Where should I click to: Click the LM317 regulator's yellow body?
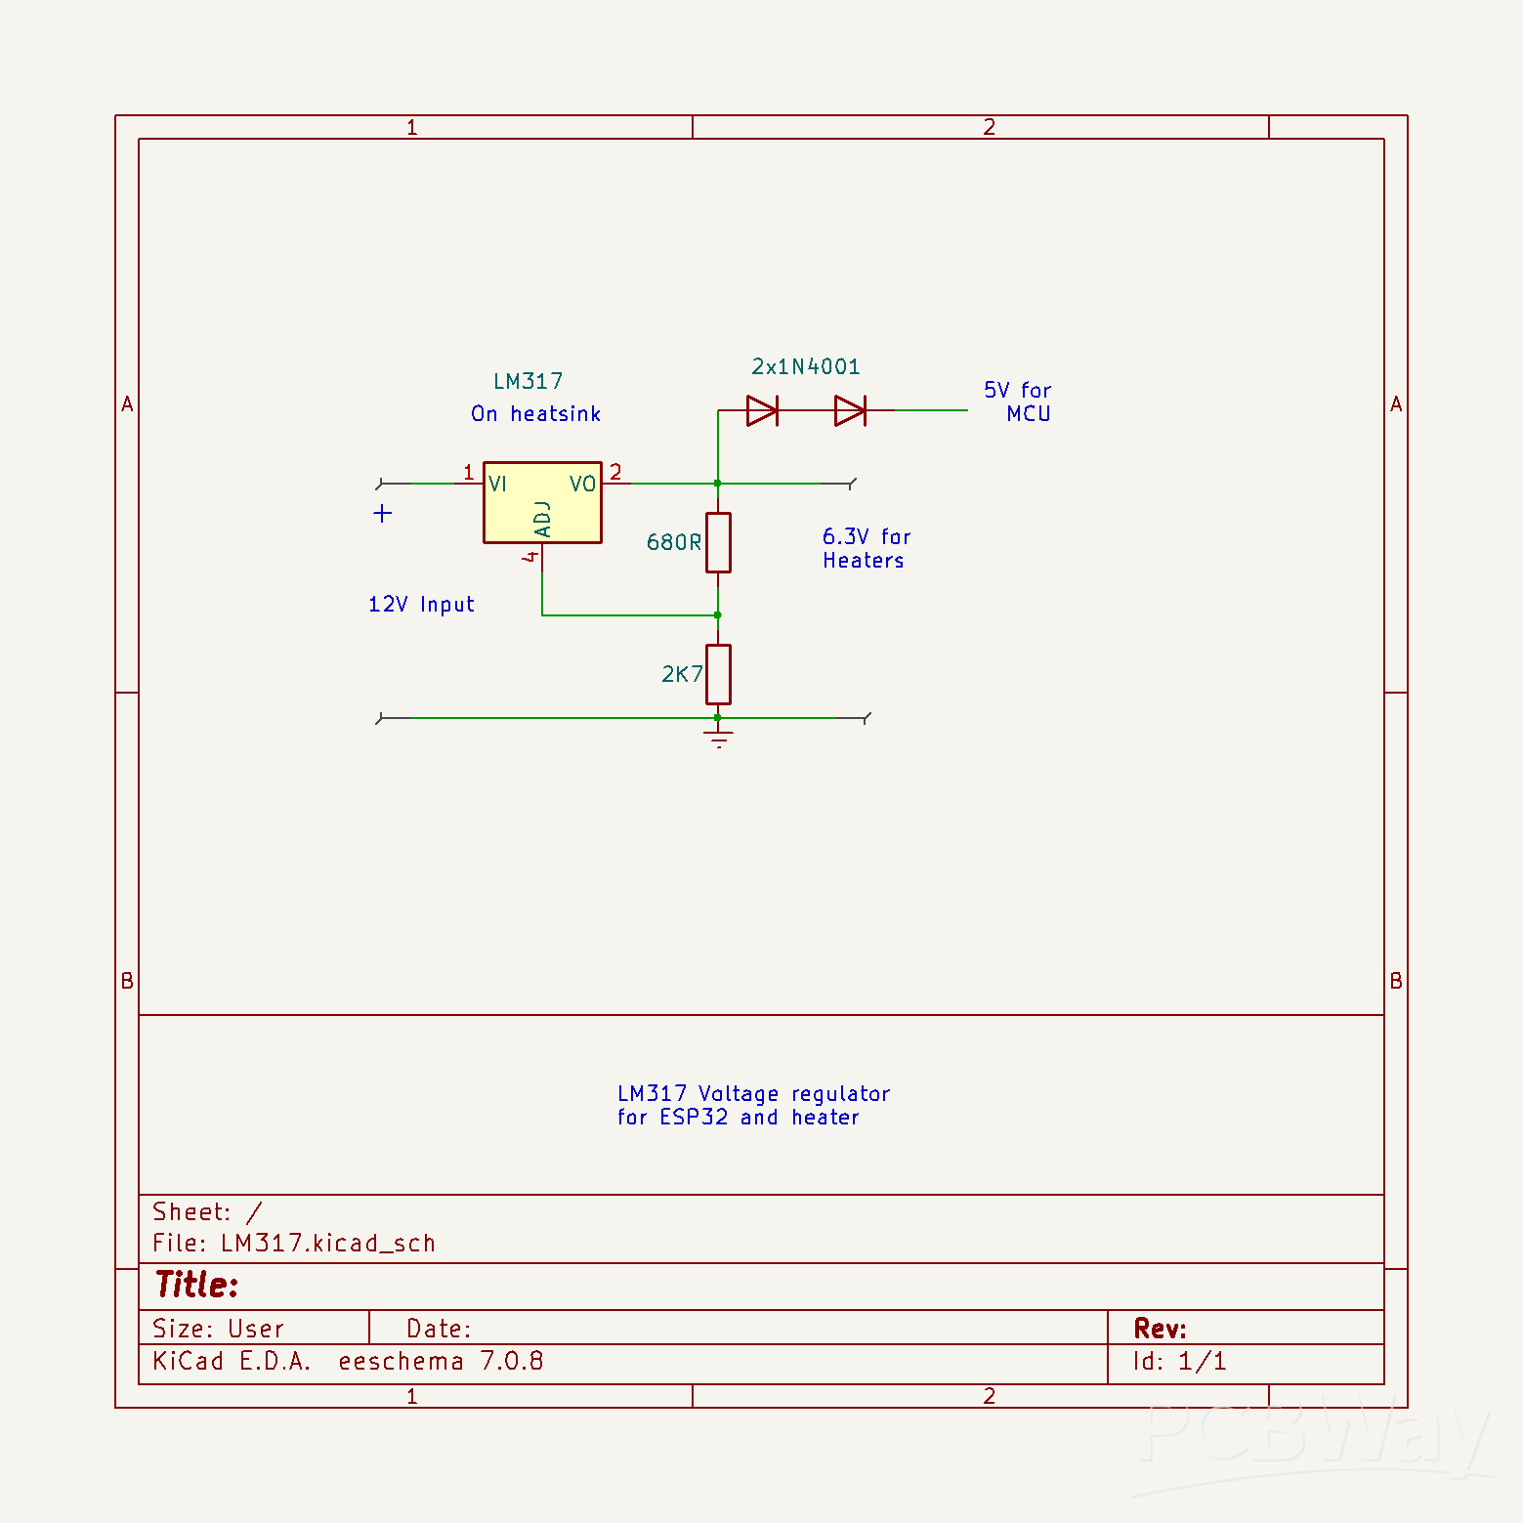tap(542, 513)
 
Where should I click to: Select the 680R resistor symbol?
tap(718, 542)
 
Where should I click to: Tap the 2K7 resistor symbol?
tap(718, 674)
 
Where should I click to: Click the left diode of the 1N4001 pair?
tap(762, 410)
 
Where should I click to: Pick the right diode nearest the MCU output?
tap(850, 410)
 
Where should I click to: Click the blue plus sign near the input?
tap(383, 513)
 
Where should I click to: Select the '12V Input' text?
tap(421, 604)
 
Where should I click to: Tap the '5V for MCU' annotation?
tap(1018, 402)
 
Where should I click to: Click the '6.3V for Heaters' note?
tap(866, 548)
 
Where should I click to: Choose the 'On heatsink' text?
tap(535, 413)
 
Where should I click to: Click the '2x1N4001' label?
tap(805, 366)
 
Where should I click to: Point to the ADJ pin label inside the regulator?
tap(543, 519)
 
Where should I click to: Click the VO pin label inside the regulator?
tap(582, 484)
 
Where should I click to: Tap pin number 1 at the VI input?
tap(468, 472)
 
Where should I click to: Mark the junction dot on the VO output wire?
tap(718, 484)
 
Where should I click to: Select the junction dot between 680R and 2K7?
tap(718, 615)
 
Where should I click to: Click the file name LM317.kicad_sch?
tap(327, 1243)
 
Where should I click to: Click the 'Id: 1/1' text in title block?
tap(1179, 1361)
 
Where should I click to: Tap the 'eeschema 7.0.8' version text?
tap(441, 1361)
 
